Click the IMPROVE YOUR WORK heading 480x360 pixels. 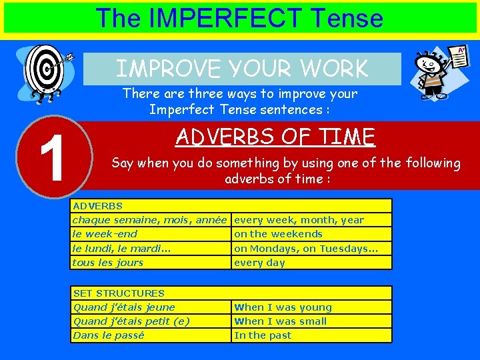point(242,69)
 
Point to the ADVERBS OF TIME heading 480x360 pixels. point(275,137)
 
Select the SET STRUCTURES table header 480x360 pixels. point(119,293)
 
